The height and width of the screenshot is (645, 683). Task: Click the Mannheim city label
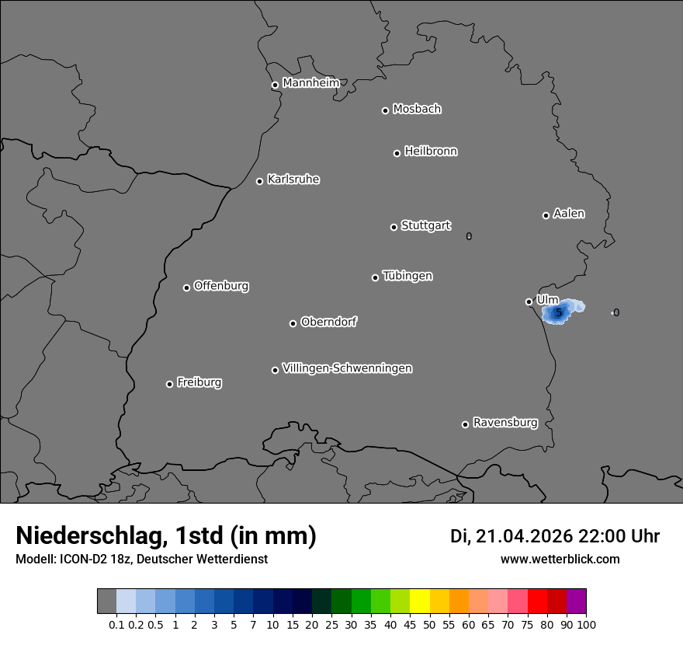pyautogui.click(x=310, y=82)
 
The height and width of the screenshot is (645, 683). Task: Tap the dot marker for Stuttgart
pyautogui.click(x=394, y=227)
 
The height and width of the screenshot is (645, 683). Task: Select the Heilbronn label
pyautogui.click(x=431, y=151)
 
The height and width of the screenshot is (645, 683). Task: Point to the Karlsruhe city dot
pyautogui.click(x=259, y=181)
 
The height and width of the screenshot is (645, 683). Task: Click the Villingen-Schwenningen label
pyautogui.click(x=347, y=368)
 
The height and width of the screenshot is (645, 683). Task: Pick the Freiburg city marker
pyautogui.click(x=169, y=384)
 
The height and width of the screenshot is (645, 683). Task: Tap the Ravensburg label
pyautogui.click(x=505, y=423)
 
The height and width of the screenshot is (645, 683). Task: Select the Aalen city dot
pyautogui.click(x=546, y=215)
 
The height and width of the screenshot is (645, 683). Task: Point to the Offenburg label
pyautogui.click(x=221, y=285)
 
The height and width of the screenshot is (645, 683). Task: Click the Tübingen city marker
pyautogui.click(x=375, y=277)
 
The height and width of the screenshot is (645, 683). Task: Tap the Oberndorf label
pyautogui.click(x=329, y=322)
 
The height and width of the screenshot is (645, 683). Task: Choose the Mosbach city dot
pyautogui.click(x=385, y=110)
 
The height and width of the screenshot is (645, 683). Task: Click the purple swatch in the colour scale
pyautogui.click(x=576, y=601)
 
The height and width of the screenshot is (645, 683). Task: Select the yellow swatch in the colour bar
pyautogui.click(x=419, y=601)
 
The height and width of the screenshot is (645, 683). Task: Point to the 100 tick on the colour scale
pyautogui.click(x=586, y=624)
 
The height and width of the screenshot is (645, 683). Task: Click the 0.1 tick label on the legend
pyautogui.click(x=116, y=624)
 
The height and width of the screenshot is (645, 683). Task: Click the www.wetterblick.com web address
pyautogui.click(x=560, y=559)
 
